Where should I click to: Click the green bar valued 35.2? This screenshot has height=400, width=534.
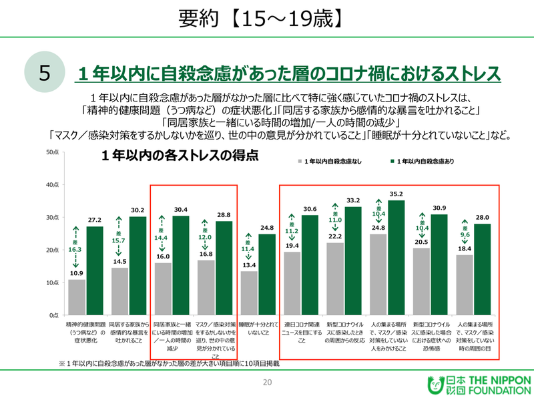tap(396, 258)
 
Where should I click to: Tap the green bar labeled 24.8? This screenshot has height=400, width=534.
tap(267, 274)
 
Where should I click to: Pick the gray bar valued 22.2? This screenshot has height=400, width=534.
tap(336, 279)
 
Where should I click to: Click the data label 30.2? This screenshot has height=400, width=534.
tap(138, 210)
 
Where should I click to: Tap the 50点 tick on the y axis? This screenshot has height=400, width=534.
tap(54, 153)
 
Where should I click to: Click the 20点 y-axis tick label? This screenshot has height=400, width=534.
tap(54, 250)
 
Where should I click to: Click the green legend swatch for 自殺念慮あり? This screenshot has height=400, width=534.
tap(392, 162)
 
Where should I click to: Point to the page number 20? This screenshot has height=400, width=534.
tap(267, 383)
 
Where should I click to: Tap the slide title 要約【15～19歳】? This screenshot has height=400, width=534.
tap(266, 19)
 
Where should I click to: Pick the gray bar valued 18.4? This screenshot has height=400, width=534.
tap(465, 285)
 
